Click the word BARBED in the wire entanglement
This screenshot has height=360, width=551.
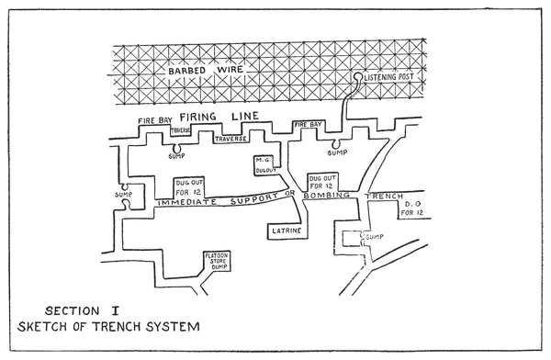[x=186, y=71]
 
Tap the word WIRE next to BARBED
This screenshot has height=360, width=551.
[x=231, y=69]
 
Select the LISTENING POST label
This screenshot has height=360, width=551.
[x=388, y=77]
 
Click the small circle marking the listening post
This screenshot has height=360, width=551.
[x=358, y=76]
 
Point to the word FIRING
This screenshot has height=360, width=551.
[x=197, y=117]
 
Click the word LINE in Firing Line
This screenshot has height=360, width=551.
[x=245, y=116]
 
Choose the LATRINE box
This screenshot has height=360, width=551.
[x=287, y=231]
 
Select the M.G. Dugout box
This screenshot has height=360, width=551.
[x=265, y=165]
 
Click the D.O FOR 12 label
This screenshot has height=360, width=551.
[x=411, y=208]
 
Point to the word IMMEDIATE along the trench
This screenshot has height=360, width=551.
[x=187, y=202]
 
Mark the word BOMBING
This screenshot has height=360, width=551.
[x=327, y=196]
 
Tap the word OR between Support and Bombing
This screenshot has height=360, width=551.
[x=289, y=193]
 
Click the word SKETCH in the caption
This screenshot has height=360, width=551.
[x=42, y=327]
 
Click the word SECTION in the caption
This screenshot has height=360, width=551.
[x=72, y=310]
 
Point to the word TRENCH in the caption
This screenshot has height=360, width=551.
[x=118, y=327]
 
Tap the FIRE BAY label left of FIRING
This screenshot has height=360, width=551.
[x=155, y=120]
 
